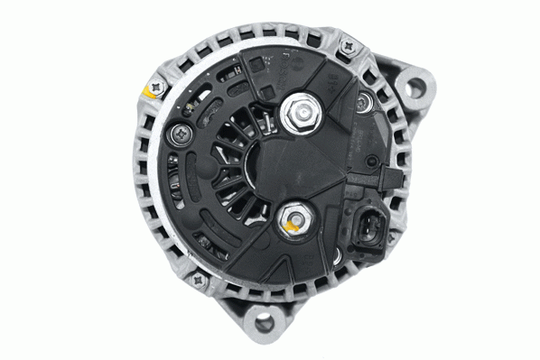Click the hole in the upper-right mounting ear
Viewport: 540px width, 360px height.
(414, 88)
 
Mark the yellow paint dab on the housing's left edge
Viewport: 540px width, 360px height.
(147, 91)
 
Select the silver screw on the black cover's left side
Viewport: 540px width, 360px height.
(177, 135)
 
